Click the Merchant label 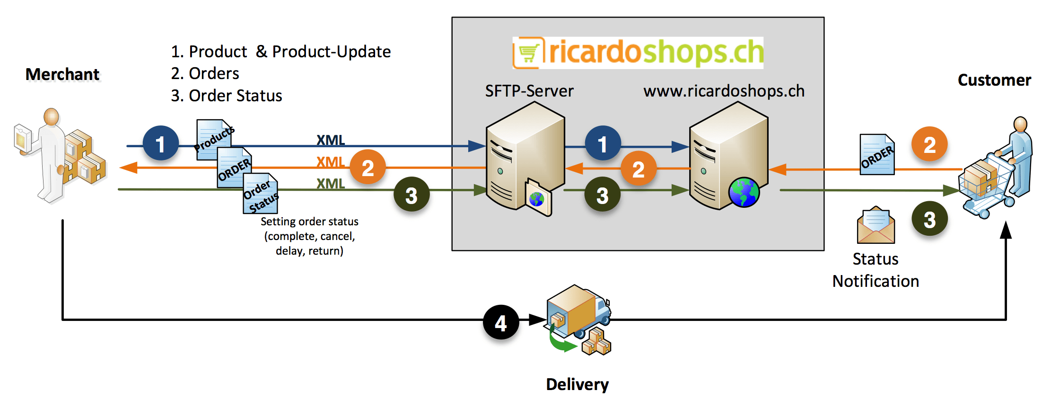tap(62, 74)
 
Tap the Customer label tap(994, 80)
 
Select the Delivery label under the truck tap(577, 384)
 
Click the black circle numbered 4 tap(501, 323)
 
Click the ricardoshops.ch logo tap(638, 52)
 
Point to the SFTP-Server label tap(529, 90)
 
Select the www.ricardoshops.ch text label tap(724, 90)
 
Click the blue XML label tap(331, 140)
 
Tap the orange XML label tap(331, 162)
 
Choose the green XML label tap(331, 183)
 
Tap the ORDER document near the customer tap(877, 155)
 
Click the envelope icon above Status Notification tap(876, 225)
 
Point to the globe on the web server tap(744, 192)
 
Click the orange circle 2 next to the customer tap(929, 144)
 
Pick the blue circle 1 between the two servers tap(603, 143)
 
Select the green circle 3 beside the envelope tap(929, 219)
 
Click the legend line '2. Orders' tap(205, 73)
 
